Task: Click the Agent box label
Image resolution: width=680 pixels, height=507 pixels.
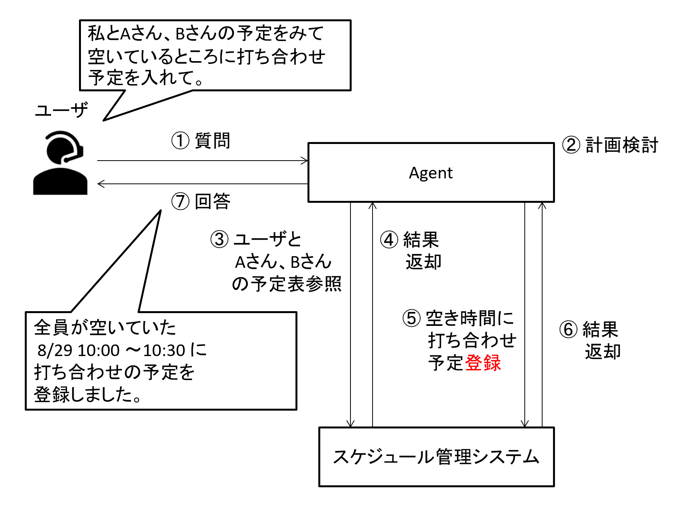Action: point(431,173)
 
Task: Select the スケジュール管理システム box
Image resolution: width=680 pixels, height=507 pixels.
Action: point(436,457)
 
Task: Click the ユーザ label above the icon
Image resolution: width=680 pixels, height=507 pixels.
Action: point(61,110)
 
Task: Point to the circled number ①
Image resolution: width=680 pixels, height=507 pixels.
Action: point(180,140)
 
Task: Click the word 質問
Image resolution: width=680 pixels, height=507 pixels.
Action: point(212,140)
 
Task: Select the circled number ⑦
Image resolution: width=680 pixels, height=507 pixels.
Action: point(180,201)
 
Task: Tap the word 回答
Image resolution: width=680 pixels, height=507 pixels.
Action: point(212,201)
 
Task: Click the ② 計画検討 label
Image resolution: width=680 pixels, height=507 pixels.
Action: point(610,145)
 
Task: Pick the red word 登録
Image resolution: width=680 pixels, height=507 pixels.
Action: point(483,363)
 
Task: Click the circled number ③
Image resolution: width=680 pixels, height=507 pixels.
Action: point(219,239)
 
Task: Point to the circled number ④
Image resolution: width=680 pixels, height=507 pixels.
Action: point(389,240)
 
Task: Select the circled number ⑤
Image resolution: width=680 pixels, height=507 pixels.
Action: point(411,318)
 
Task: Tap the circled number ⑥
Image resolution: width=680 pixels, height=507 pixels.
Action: point(568,330)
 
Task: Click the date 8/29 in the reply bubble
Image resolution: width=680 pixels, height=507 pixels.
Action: point(55,350)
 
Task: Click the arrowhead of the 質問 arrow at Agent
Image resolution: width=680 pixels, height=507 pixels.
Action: point(305,161)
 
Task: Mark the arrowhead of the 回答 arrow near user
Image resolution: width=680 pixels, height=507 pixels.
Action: point(101,184)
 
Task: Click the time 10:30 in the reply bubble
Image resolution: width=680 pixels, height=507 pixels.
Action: point(164,350)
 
